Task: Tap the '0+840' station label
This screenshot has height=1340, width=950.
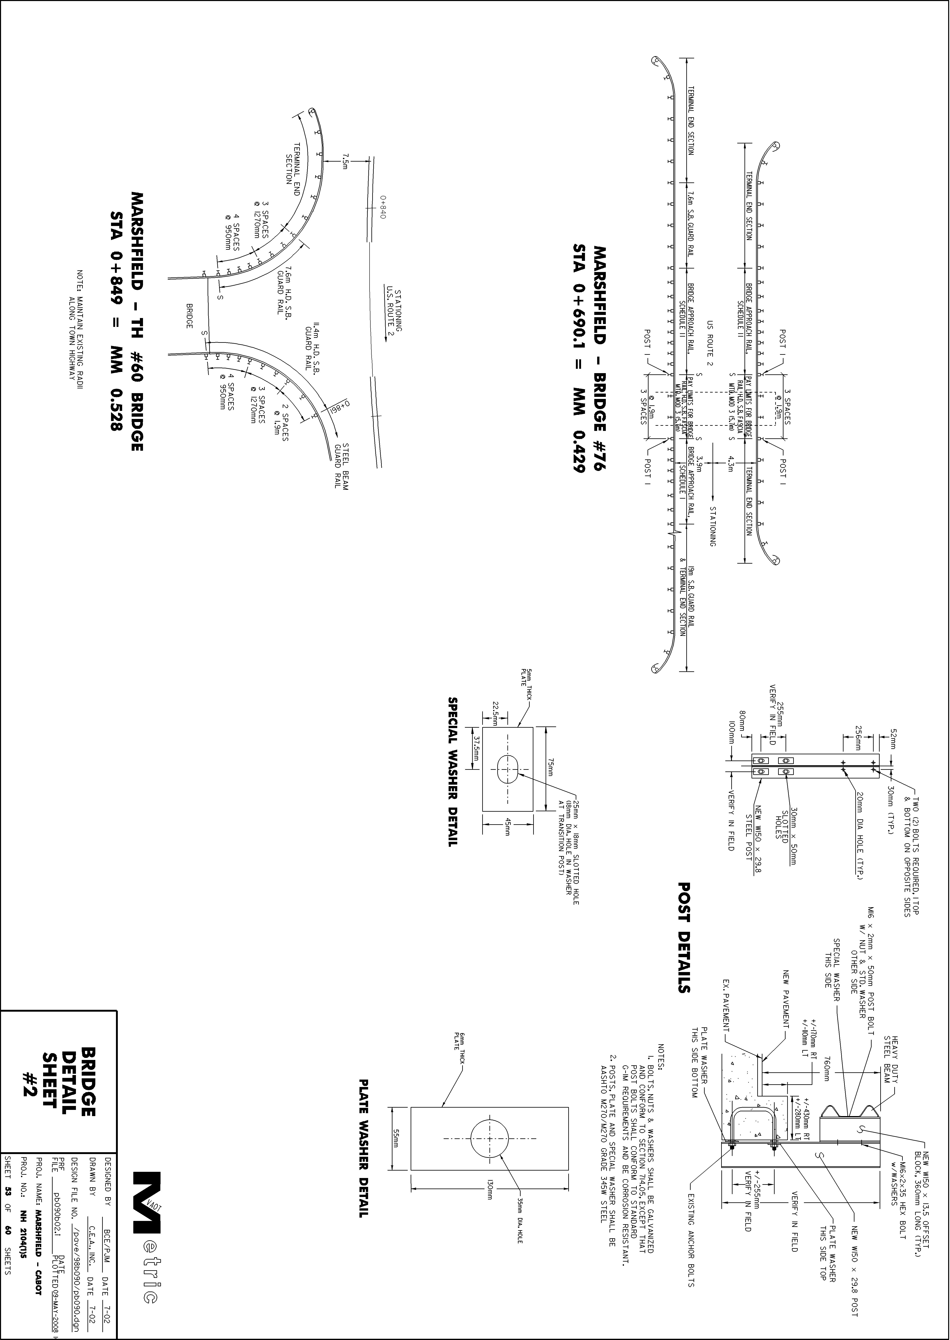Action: [x=383, y=208]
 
